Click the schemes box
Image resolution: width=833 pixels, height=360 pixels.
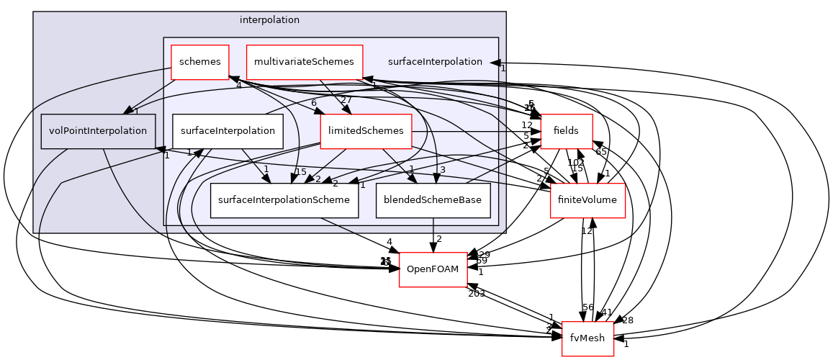[x=199, y=62]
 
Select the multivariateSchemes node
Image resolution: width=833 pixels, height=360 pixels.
[x=304, y=62]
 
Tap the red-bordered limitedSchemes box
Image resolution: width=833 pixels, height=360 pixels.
[x=366, y=131]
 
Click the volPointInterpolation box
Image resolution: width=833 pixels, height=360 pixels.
[x=98, y=131]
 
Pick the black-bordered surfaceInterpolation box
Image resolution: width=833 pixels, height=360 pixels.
[x=228, y=131]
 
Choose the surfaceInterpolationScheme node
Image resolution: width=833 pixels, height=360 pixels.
[x=284, y=200]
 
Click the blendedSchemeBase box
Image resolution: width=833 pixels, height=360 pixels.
[x=433, y=200]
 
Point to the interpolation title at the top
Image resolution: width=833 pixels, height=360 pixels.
[x=269, y=20]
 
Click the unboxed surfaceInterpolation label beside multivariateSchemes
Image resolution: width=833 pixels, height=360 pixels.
[x=435, y=62]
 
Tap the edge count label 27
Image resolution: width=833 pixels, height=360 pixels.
[x=346, y=100]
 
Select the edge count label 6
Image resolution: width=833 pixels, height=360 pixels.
[x=314, y=103]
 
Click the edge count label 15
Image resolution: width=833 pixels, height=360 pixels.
[x=300, y=172]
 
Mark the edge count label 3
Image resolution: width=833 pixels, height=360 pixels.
[x=443, y=171]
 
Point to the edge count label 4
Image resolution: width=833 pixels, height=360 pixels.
[x=238, y=86]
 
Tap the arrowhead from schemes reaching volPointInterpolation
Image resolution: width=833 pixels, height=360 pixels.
[x=128, y=110]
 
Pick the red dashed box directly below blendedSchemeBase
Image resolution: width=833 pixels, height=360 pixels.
[x=433, y=270]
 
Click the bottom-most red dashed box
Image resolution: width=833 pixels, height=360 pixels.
[x=587, y=338]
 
